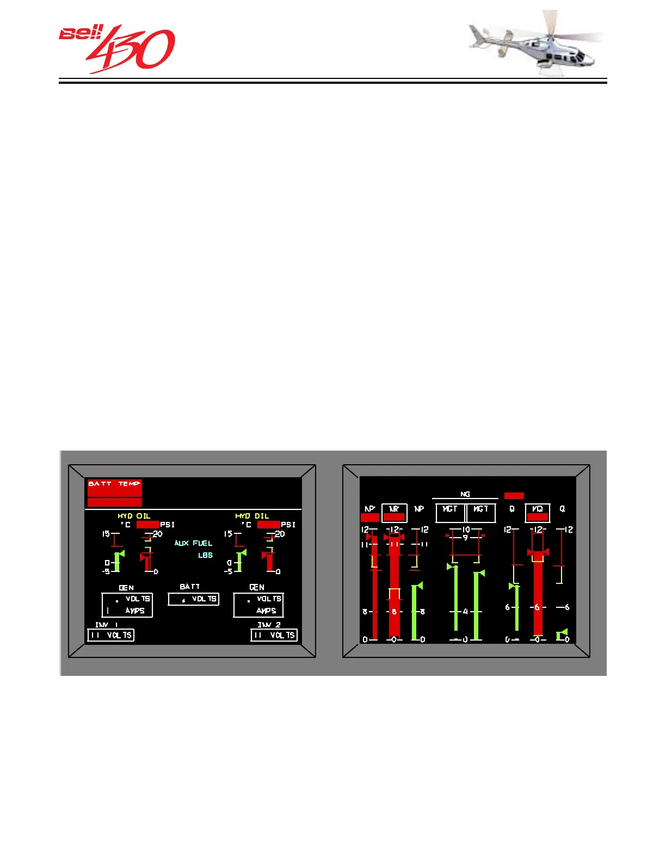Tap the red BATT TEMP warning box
click(x=114, y=488)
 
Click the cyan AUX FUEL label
click(x=193, y=543)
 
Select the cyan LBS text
click(x=205, y=555)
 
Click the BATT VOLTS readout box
click(x=193, y=599)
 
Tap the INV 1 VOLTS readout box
click(x=110, y=635)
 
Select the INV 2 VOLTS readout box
click(x=274, y=635)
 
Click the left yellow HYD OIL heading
click(x=134, y=516)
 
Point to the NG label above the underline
click(x=465, y=494)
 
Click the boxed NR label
click(x=394, y=513)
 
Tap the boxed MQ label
click(x=537, y=513)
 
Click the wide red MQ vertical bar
click(x=538, y=593)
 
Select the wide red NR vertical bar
click(x=394, y=588)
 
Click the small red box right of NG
click(x=514, y=496)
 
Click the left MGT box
click(x=450, y=513)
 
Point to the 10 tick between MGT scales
click(x=466, y=529)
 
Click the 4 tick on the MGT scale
click(x=465, y=611)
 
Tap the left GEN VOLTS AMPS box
click(x=127, y=605)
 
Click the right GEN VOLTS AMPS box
click(x=258, y=605)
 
